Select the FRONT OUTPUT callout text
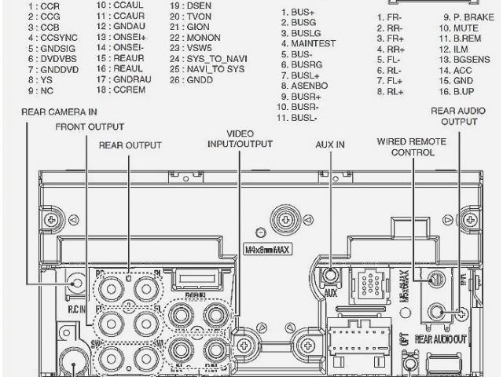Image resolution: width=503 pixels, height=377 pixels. pos(90,126)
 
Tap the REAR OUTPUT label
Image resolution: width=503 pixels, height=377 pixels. pos(130,145)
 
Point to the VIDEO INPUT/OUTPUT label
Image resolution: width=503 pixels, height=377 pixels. pos(240,138)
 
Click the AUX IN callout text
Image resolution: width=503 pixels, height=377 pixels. pos(331,145)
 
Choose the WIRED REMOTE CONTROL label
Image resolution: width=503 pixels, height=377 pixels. pos(413,146)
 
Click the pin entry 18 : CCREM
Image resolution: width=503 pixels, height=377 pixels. pos(120,90)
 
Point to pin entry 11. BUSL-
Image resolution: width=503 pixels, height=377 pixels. pos(298,118)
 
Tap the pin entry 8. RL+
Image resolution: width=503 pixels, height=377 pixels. pos(390,92)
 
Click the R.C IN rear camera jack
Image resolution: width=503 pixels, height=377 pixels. pos(77,282)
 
